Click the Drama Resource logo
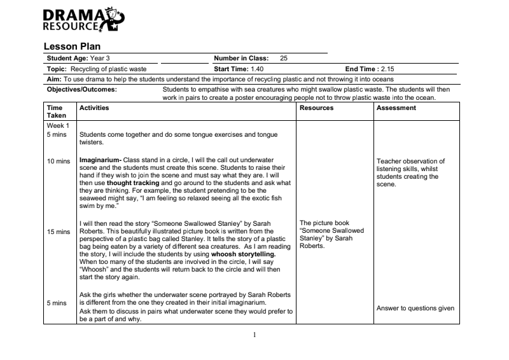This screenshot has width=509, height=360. click(83, 20)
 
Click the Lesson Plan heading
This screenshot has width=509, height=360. click(72, 46)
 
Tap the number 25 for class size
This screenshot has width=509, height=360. click(284, 58)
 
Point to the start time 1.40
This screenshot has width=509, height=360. click(258, 68)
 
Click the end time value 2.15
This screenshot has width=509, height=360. click(387, 68)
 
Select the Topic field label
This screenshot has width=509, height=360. click(57, 68)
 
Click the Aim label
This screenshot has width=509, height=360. click(53, 79)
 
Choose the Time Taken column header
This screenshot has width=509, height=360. click(55, 112)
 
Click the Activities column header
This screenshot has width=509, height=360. click(94, 108)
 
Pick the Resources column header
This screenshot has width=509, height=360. click(316, 108)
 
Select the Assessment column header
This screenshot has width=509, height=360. click(396, 108)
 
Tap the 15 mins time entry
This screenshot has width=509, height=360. click(59, 232)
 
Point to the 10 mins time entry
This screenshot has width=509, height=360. click(59, 161)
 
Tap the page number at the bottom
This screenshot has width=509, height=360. click(254, 334)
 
